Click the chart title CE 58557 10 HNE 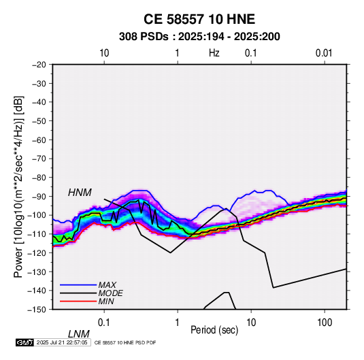(199, 19)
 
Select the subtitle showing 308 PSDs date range (199, 37)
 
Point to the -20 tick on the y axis (39, 65)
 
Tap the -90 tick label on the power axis (39, 196)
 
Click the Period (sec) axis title (214, 330)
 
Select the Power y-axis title (18, 187)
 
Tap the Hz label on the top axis (214, 53)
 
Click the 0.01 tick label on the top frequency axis (324, 53)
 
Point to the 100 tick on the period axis (325, 323)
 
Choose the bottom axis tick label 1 (178, 323)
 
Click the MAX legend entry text (107, 285)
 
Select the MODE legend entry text (110, 293)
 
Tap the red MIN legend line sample (78, 301)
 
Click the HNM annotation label (80, 193)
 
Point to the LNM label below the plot (79, 334)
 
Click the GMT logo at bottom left (25, 342)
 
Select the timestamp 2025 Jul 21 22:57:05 (62, 342)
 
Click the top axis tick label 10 (104, 53)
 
